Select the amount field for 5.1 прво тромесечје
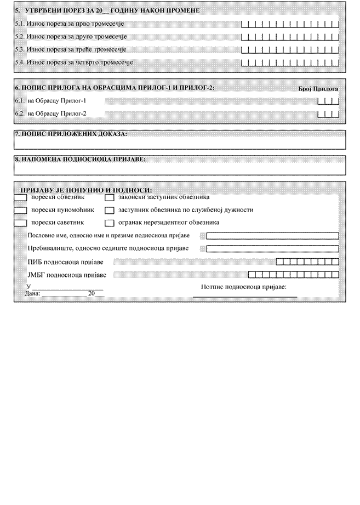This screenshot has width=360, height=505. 290,25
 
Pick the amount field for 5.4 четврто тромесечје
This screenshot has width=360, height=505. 290,63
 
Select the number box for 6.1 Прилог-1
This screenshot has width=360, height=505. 328,101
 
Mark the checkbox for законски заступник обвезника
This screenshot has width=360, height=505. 109,197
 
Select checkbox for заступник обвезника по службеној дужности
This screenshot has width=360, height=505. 109,210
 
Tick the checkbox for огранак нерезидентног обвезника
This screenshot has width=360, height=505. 109,223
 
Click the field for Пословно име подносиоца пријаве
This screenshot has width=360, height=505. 272,236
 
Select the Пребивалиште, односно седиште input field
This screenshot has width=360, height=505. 272,248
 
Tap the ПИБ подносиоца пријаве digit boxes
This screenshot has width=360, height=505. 307,262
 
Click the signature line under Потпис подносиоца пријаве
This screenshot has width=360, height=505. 244,296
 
